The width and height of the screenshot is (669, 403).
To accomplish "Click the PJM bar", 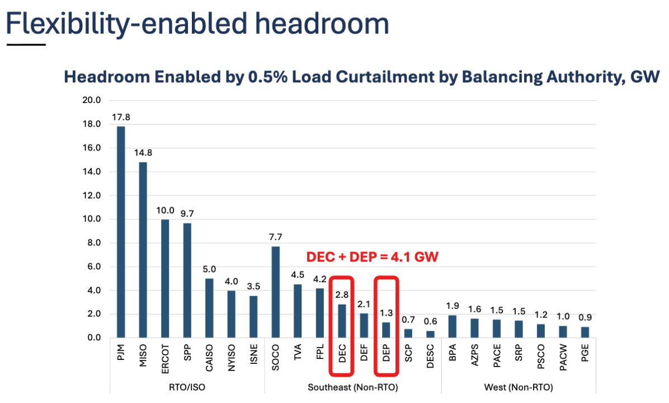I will [x=121, y=232].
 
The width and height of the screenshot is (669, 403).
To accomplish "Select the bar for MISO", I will [x=143, y=250].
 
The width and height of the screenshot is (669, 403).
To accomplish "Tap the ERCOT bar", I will [x=165, y=278].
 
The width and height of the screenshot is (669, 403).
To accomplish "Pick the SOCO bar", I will [x=276, y=292].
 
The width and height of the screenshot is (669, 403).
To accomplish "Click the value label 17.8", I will [x=121, y=118].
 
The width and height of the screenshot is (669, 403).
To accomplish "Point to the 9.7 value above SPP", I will [x=187, y=214].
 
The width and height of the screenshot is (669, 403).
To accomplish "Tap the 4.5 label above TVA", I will [x=298, y=275].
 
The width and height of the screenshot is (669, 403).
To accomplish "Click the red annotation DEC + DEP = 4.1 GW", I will [x=372, y=257].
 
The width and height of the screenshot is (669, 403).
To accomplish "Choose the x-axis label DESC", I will [x=431, y=355].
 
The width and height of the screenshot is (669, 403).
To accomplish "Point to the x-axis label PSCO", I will [x=541, y=356].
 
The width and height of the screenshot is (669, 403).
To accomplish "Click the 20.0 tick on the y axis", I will [x=91, y=101].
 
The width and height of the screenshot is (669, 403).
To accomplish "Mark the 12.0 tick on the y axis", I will [x=91, y=196].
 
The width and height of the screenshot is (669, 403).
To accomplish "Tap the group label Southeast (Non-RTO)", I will [x=353, y=387].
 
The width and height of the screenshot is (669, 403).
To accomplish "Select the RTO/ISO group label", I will [x=187, y=387].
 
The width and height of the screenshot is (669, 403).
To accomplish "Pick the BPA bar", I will [x=453, y=326].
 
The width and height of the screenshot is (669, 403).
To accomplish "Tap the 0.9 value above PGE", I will [x=585, y=317].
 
